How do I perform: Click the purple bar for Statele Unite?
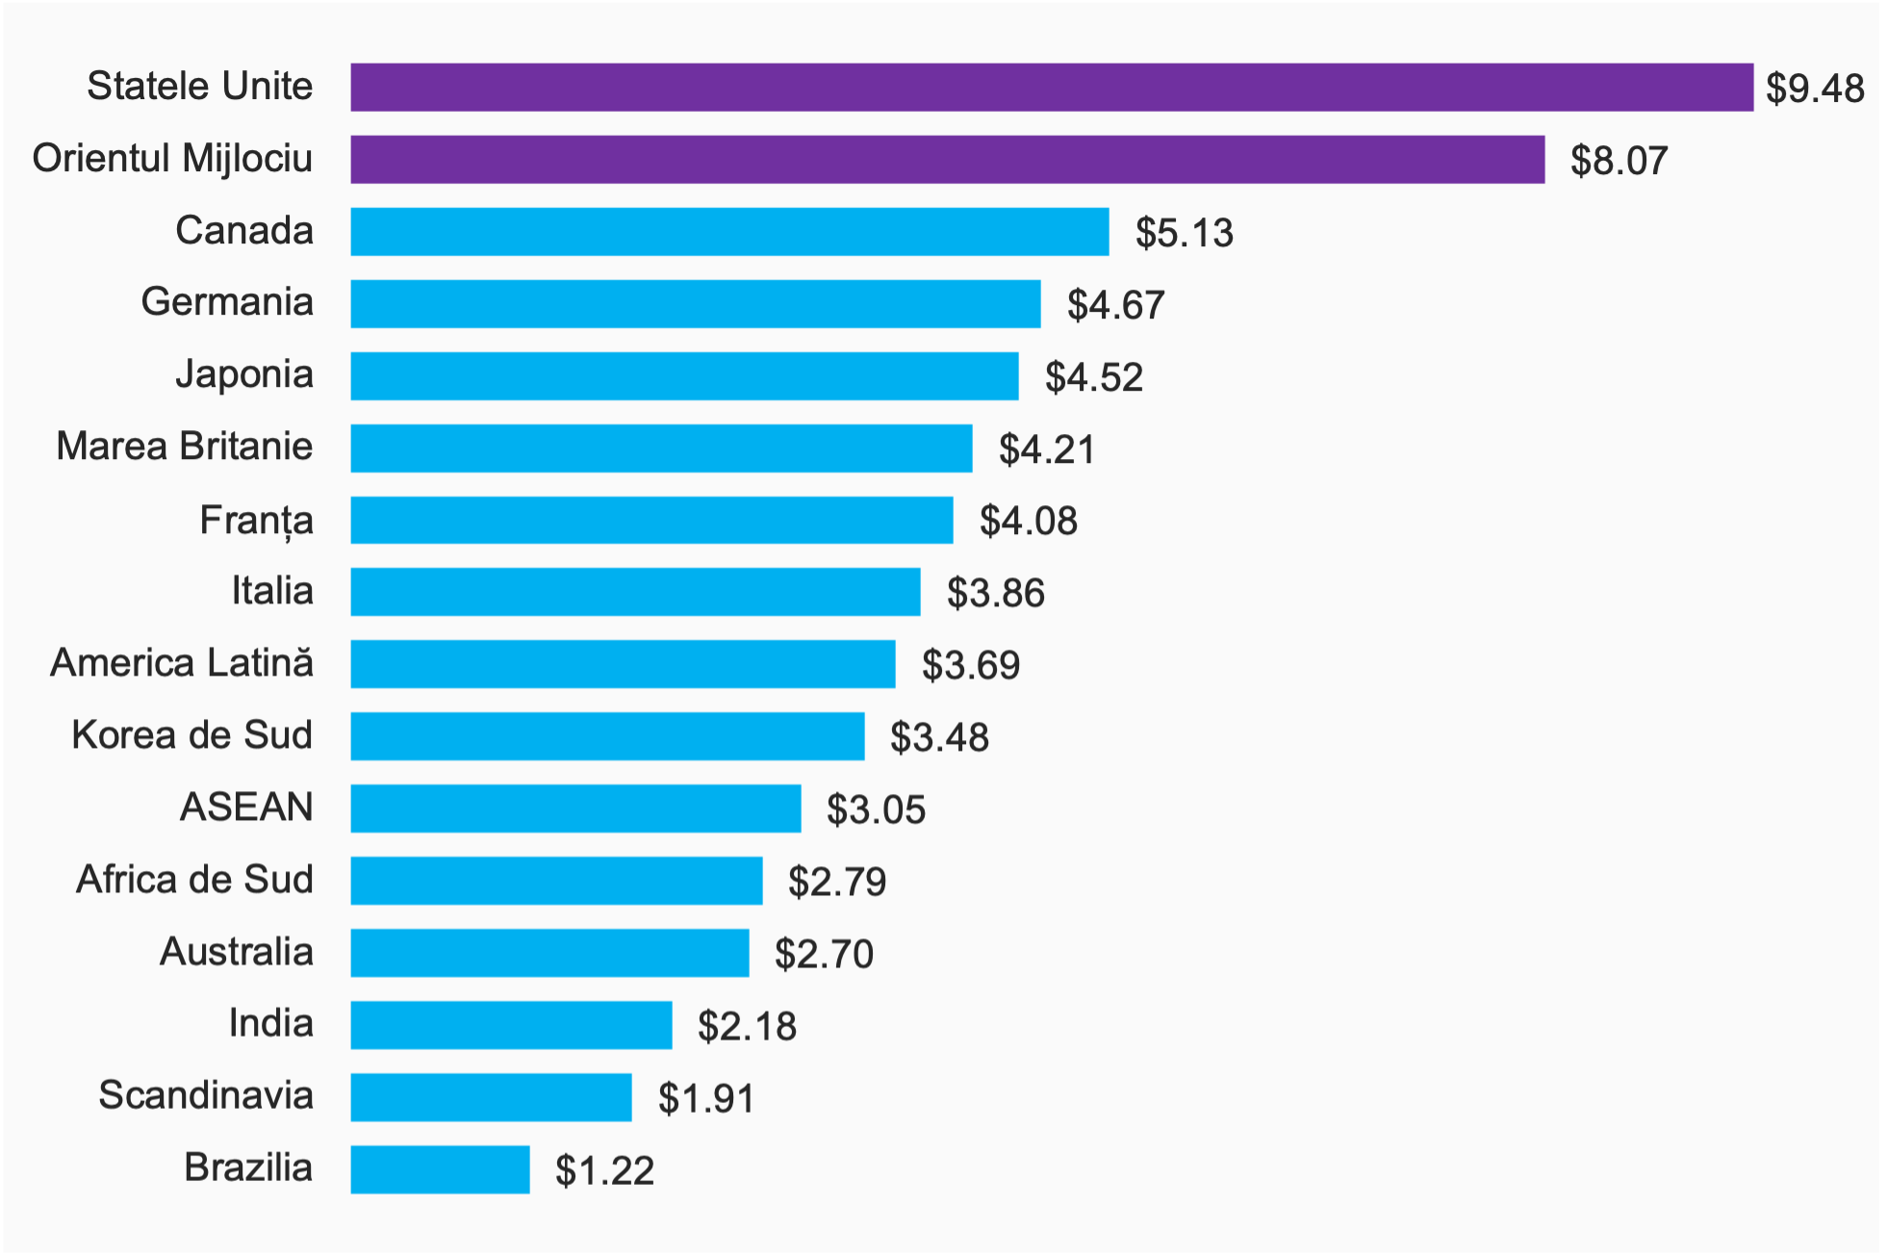pyautogui.click(x=1051, y=88)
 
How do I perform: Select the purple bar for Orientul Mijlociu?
pyautogui.click(x=947, y=160)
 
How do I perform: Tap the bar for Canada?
pyautogui.click(x=729, y=232)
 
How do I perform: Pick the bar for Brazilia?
pyautogui.click(x=440, y=1169)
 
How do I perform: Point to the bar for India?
pyautogui.click(x=511, y=1025)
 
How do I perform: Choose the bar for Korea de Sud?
pyautogui.click(x=607, y=736)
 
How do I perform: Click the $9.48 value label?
pyautogui.click(x=1815, y=89)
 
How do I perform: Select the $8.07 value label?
pyautogui.click(x=1619, y=161)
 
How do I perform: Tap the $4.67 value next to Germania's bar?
pyautogui.click(x=1115, y=305)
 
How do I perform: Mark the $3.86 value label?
pyautogui.click(x=995, y=593)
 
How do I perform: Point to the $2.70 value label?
pyautogui.click(x=824, y=954)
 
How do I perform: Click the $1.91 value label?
pyautogui.click(x=706, y=1098)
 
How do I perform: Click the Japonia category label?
pyautogui.click(x=244, y=374)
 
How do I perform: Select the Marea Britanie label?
pyautogui.click(x=185, y=447)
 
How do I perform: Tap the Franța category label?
pyautogui.click(x=256, y=521)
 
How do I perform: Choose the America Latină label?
pyautogui.click(x=182, y=663)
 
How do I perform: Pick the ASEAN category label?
pyautogui.click(x=246, y=808)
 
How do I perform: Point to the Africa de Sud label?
pyautogui.click(x=194, y=880)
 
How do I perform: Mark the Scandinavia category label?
pyautogui.click(x=206, y=1095)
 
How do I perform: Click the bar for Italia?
pyautogui.click(x=635, y=592)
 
